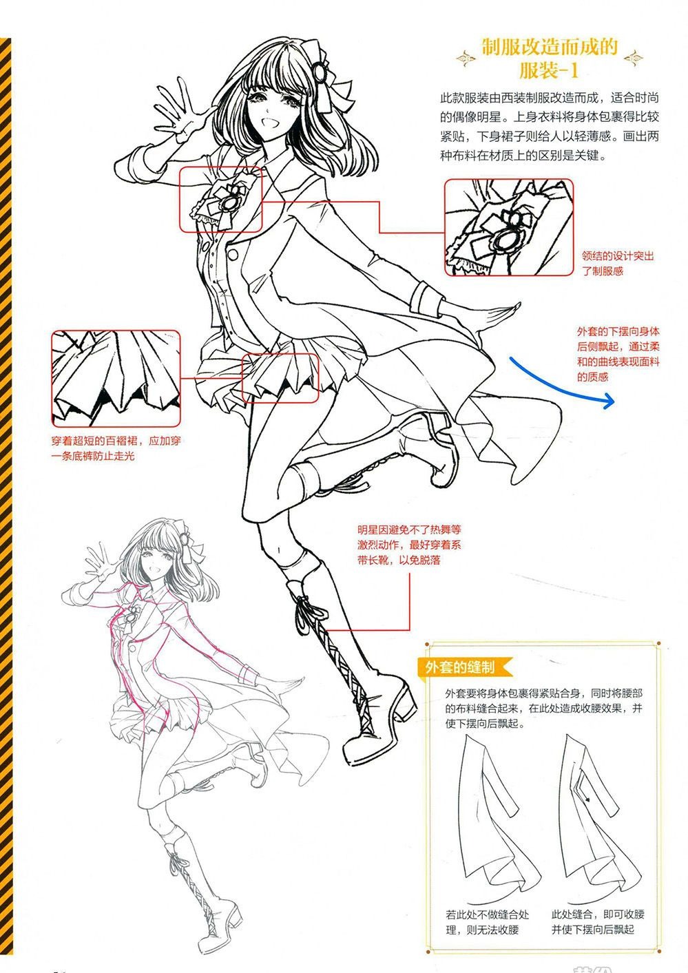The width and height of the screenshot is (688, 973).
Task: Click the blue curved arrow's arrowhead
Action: point(609,401)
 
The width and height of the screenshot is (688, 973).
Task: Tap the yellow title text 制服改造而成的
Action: point(549,48)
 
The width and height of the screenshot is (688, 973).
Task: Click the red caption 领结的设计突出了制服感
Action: point(618,264)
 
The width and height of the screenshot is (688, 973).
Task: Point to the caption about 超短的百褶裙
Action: point(116,448)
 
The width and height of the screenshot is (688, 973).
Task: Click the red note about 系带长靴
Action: point(409,545)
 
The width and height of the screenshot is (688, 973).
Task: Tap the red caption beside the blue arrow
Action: point(618,354)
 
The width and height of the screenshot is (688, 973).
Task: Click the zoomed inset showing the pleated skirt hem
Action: point(116,378)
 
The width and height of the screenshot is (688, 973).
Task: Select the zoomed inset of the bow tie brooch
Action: point(509,227)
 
